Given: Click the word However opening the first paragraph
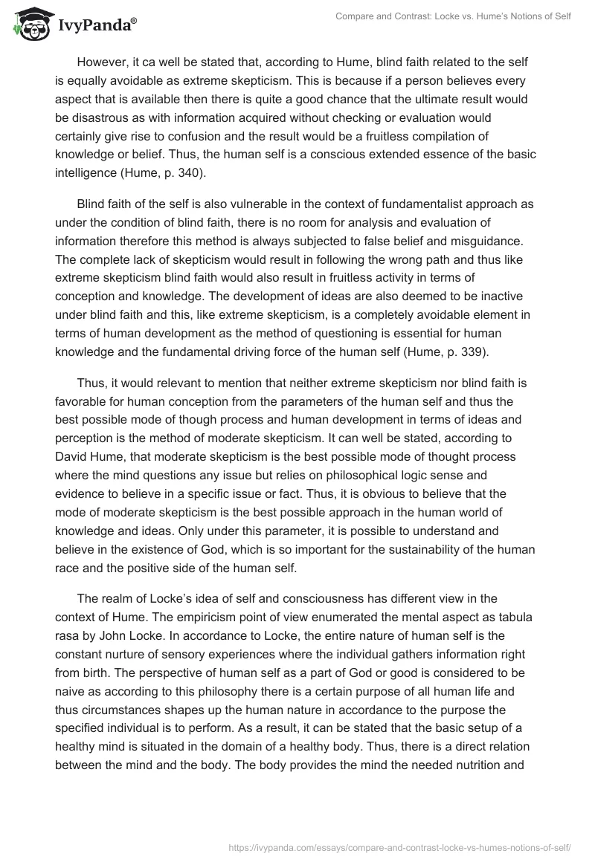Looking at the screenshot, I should [x=103, y=61].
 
